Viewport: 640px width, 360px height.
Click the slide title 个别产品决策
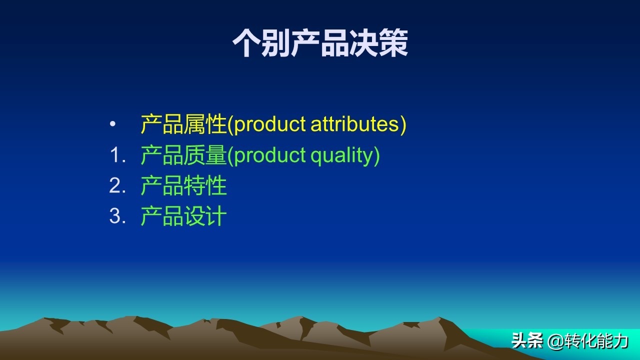(320, 43)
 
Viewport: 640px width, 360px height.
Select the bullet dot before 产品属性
(112, 124)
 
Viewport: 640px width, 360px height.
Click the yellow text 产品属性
(183, 124)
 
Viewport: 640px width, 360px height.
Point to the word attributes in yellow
(354, 124)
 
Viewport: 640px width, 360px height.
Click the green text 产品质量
(183, 155)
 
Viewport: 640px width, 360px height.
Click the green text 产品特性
(183, 186)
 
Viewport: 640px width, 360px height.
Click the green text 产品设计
(183, 216)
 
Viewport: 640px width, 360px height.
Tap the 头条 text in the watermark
(527, 341)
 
